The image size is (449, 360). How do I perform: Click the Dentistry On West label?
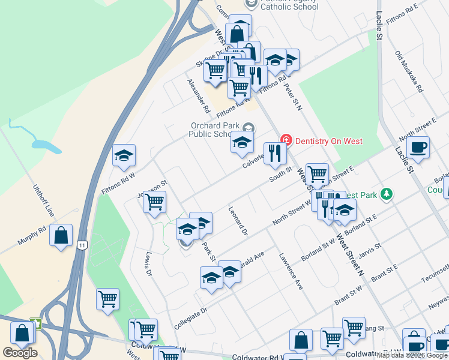pyautogui.click(x=328, y=141)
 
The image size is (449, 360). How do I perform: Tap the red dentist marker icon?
pyautogui.click(x=286, y=141)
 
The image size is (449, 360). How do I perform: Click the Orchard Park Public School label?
pyautogui.click(x=215, y=130)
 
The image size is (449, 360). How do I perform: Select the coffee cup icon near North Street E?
pyautogui.click(x=418, y=147)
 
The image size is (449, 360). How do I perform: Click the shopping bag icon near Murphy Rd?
pyautogui.click(x=61, y=235)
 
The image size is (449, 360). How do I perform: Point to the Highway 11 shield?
pyautogui.click(x=81, y=245)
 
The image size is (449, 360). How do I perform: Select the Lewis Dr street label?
pyautogui.click(x=147, y=263)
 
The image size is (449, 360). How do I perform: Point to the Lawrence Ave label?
pyautogui.click(x=290, y=271)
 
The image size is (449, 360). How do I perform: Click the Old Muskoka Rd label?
pyautogui.click(x=409, y=71)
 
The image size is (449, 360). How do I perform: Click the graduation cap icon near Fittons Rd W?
pyautogui.click(x=124, y=156)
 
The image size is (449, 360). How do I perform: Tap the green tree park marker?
pyautogui.click(x=388, y=194)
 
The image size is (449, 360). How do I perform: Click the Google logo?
pyautogui.click(x=20, y=353)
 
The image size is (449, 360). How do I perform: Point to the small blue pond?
pyautogui.click(x=41, y=144)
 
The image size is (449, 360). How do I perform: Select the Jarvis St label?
pyautogui.click(x=370, y=247)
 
